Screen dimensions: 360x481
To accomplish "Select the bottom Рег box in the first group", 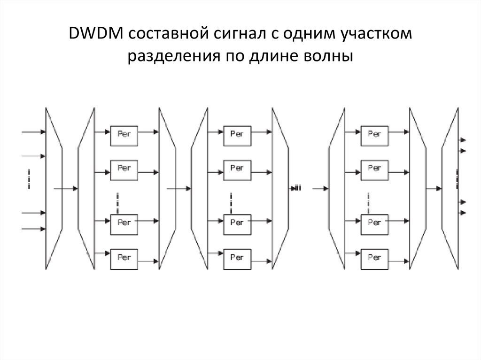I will (124, 258).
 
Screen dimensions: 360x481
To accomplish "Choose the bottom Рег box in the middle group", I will (237, 258).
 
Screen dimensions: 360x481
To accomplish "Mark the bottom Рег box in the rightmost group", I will (374, 258).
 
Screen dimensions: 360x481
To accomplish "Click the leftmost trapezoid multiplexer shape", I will (54, 188).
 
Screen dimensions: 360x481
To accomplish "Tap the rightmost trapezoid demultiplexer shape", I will (450, 188).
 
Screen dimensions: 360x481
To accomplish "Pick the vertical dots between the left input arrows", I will (29, 180).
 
